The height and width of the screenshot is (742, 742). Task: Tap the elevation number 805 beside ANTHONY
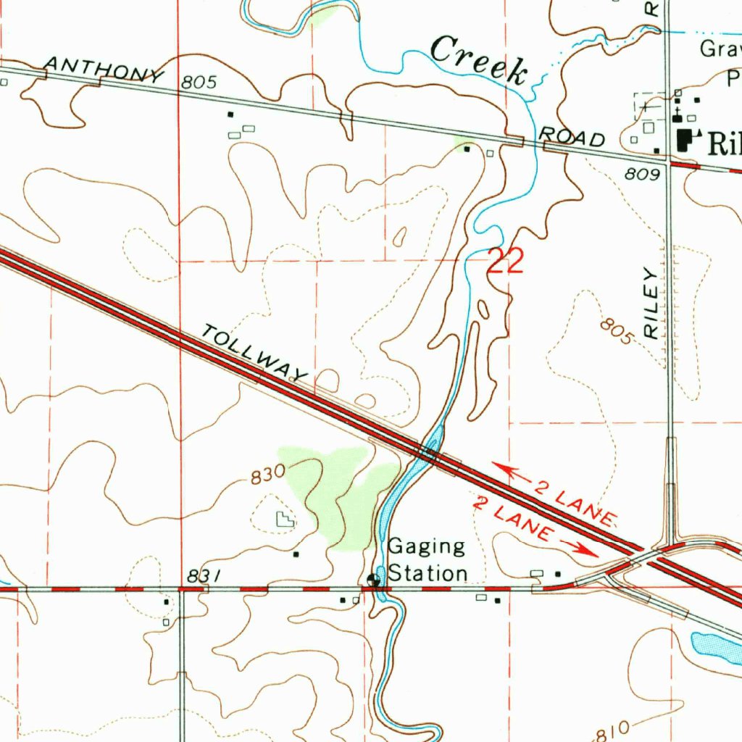(x=199, y=83)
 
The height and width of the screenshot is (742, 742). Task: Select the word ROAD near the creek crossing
(x=572, y=136)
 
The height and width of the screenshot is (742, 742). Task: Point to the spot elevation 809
(x=642, y=175)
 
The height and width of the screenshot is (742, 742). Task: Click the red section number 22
(x=504, y=262)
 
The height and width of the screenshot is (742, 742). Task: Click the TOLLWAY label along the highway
(x=254, y=354)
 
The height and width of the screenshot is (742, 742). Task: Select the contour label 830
(x=267, y=477)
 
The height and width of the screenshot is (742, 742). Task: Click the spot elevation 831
(x=202, y=576)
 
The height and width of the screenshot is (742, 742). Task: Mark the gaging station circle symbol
(x=373, y=580)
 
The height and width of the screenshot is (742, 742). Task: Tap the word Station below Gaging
(x=428, y=573)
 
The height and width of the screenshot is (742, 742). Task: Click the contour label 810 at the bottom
(x=613, y=733)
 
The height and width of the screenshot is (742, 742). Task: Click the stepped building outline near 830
(x=284, y=519)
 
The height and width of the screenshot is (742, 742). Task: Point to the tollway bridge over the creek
(x=432, y=455)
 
